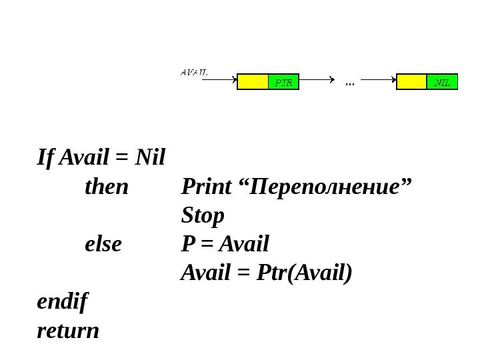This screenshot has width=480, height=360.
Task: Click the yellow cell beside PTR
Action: click(x=253, y=83)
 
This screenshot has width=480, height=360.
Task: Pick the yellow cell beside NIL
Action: click(x=411, y=83)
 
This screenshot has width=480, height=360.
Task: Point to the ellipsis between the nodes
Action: click(x=349, y=83)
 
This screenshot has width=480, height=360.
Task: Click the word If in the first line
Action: click(x=46, y=159)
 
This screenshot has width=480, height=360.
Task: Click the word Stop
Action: click(x=203, y=216)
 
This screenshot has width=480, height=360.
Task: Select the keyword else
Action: click(x=104, y=245)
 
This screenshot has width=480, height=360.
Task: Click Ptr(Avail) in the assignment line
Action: click(x=303, y=273)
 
